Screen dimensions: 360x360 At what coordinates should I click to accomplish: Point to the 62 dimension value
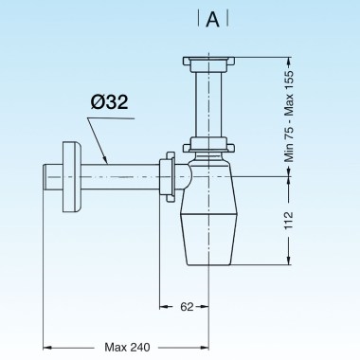(x=187, y=307)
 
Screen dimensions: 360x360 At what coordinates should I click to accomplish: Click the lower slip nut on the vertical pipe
(x=211, y=146)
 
